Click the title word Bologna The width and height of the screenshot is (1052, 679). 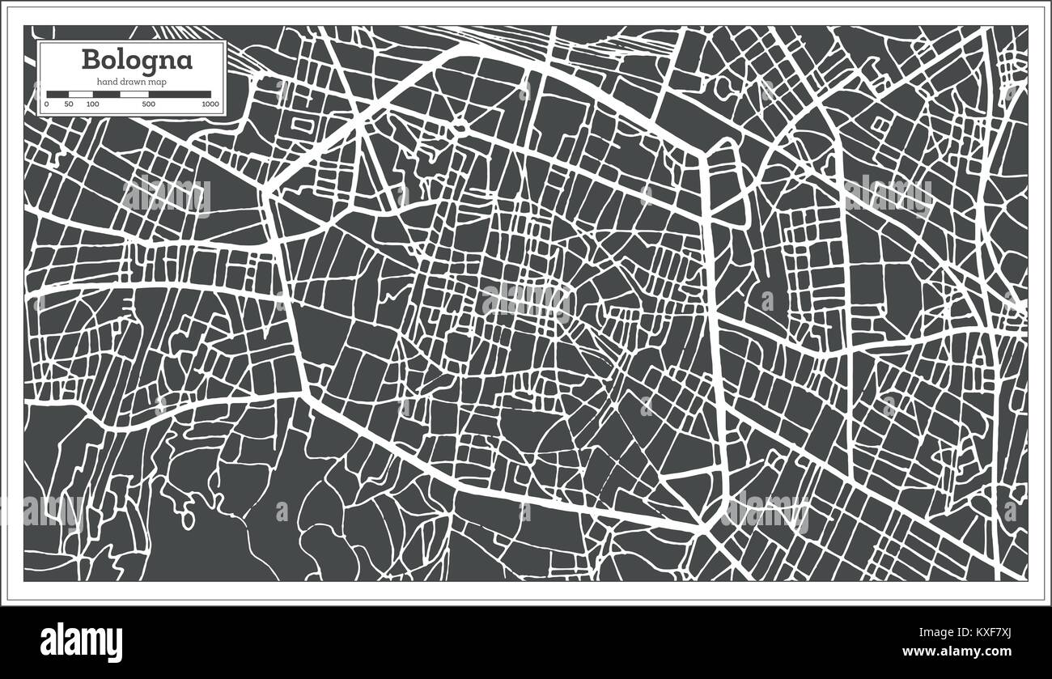[x=136, y=61]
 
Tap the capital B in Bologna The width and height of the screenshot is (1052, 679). [x=89, y=61]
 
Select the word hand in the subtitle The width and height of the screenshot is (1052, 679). [x=105, y=82]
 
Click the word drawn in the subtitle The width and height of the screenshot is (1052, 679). [x=132, y=82]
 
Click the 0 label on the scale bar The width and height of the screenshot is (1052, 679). [x=46, y=104]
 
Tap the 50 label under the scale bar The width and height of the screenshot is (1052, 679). [x=69, y=104]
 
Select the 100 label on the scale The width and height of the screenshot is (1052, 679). [x=92, y=104]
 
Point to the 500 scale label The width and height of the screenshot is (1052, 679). [x=148, y=104]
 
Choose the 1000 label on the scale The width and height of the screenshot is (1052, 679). [x=210, y=104]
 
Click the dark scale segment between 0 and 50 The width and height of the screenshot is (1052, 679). [x=57, y=94]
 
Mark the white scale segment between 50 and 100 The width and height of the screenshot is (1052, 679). [x=80, y=94]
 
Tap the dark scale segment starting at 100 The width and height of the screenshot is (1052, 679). [x=106, y=94]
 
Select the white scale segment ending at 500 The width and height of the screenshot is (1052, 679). [x=134, y=94]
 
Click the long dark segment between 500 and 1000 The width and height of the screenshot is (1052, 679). [x=180, y=94]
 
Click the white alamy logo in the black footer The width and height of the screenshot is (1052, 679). [x=81, y=643]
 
